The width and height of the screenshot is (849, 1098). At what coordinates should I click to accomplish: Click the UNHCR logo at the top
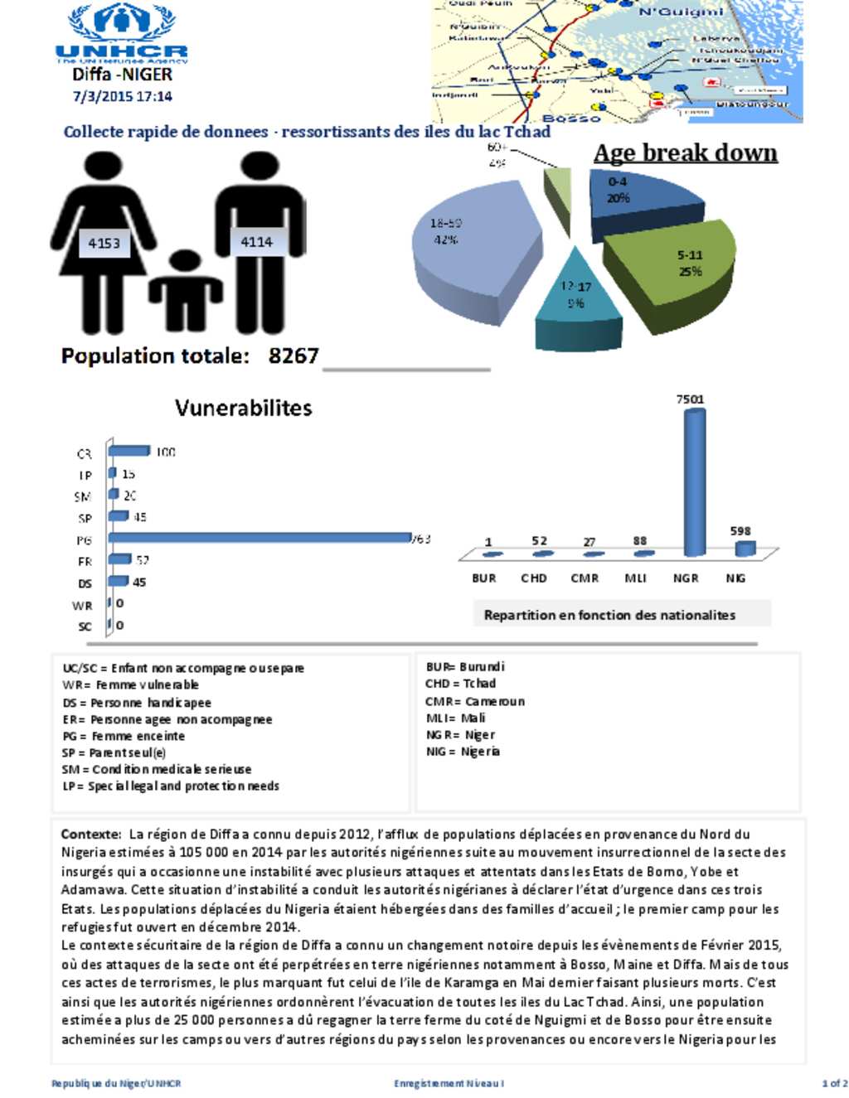click(x=122, y=33)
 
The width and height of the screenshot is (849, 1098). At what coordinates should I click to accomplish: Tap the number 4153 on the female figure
click(x=104, y=243)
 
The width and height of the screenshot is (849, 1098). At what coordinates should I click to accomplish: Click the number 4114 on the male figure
click(x=256, y=241)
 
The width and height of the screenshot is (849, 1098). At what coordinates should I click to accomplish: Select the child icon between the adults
click(x=185, y=291)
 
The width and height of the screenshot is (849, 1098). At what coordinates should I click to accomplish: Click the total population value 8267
click(x=294, y=356)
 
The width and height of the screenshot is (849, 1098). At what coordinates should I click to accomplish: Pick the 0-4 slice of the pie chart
click(x=630, y=199)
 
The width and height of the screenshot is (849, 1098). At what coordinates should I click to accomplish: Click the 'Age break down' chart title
click(x=686, y=153)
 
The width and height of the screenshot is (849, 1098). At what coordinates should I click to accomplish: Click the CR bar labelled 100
click(x=129, y=451)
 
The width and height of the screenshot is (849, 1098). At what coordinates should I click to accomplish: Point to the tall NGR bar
click(x=695, y=481)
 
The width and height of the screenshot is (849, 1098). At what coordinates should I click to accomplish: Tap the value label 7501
click(x=690, y=399)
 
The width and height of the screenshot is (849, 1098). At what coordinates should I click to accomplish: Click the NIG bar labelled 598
click(x=745, y=548)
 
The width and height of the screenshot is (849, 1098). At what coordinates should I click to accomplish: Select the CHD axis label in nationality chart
click(x=534, y=578)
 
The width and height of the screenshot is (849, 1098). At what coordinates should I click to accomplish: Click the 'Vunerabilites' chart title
click(x=243, y=408)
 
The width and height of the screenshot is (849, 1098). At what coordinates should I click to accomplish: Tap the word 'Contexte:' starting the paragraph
click(x=91, y=834)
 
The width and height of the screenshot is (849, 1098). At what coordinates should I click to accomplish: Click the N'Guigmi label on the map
click(x=681, y=12)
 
